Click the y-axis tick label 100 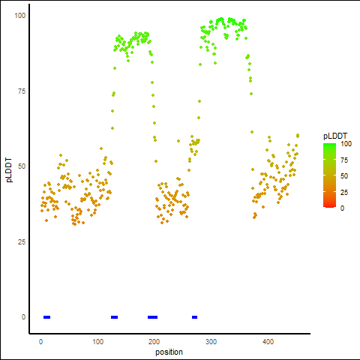[x=20, y=16]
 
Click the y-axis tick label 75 [x=22, y=91]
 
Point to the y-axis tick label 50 [x=22, y=166]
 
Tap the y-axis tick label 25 [x=22, y=241]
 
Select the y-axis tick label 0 [x=23, y=317]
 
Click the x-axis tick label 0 [x=41, y=342]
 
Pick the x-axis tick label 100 [x=97, y=342]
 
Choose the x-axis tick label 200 [x=154, y=342]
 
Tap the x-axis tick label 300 [x=211, y=342]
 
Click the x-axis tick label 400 [x=268, y=342]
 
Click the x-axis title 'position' [x=169, y=352]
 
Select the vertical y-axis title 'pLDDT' [x=9, y=170]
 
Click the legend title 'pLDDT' [x=335, y=136]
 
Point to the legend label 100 [x=346, y=144]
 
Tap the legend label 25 [x=344, y=192]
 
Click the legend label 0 [x=342, y=208]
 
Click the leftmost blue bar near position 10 [x=47, y=317]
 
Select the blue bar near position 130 [x=114, y=317]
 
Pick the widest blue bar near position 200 [x=152, y=317]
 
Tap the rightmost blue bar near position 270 [x=194, y=317]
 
